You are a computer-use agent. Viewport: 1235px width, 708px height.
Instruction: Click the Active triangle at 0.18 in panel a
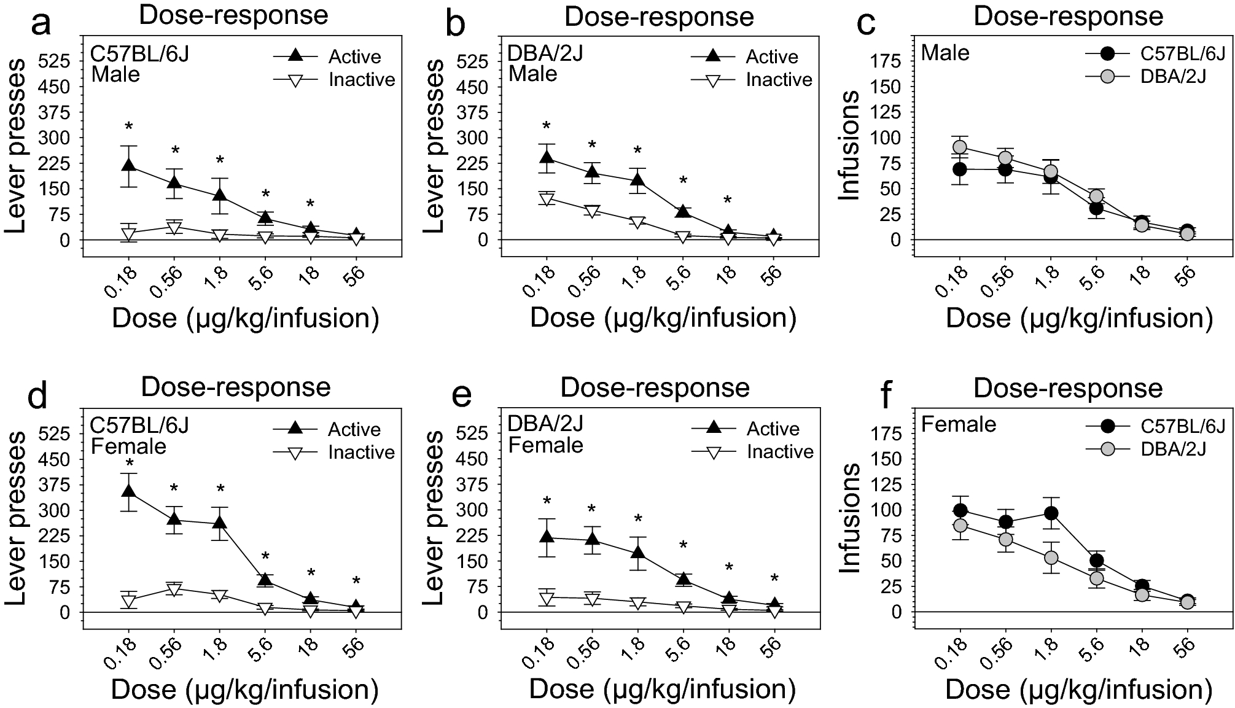coord(128,166)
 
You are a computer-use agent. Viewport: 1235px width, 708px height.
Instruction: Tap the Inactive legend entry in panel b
coord(779,80)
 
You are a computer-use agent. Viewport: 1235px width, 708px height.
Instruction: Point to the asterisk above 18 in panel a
coord(311,204)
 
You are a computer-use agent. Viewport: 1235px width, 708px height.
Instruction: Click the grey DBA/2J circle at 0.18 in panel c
coord(960,147)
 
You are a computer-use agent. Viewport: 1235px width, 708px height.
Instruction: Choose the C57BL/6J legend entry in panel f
coord(1174,426)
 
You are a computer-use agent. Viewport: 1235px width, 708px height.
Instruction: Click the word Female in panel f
coord(959,424)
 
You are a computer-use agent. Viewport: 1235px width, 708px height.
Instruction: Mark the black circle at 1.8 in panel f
coord(1051,513)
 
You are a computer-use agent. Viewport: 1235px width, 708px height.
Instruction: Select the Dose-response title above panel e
coord(655,388)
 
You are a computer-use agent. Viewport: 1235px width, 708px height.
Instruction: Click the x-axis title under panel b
coord(663,317)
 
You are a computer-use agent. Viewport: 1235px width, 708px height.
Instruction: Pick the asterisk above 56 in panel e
coord(774,578)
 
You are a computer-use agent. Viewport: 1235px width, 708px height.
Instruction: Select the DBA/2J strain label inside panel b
coord(545,53)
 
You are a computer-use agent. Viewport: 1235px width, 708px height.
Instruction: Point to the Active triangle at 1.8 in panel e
coord(638,552)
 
